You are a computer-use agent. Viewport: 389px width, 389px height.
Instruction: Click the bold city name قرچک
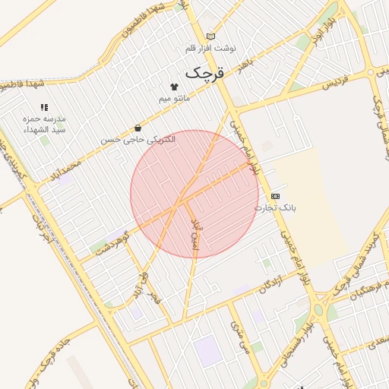pyautogui.click(x=205, y=73)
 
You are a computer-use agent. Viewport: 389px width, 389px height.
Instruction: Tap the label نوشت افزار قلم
pyautogui.click(x=211, y=48)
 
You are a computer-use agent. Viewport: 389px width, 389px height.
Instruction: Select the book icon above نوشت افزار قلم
pyautogui.click(x=210, y=36)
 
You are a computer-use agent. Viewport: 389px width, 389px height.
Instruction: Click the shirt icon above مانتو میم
pyautogui.click(x=174, y=87)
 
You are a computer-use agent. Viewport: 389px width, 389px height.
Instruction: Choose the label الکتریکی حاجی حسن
pyautogui.click(x=138, y=140)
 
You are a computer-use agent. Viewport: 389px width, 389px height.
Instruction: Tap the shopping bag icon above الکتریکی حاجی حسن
pyautogui.click(x=138, y=128)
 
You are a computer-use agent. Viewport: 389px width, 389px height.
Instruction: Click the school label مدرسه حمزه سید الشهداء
pyautogui.click(x=44, y=125)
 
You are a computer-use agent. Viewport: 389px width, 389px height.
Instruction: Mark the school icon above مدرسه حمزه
pyautogui.click(x=44, y=108)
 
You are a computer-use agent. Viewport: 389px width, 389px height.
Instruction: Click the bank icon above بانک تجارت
pyautogui.click(x=275, y=196)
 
